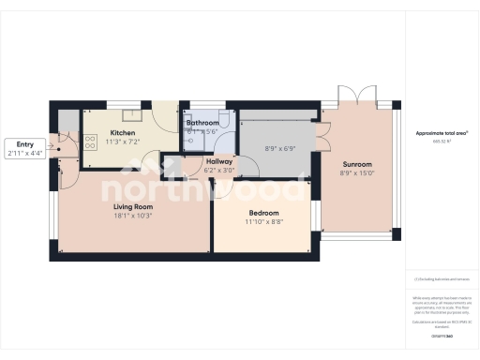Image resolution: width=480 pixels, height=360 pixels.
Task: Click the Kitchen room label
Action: pos(123,134)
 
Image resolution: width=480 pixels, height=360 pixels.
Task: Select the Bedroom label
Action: pos(262,214)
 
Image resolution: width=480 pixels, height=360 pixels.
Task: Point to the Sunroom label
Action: pos(357,163)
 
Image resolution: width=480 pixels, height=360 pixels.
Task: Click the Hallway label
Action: pos(218,162)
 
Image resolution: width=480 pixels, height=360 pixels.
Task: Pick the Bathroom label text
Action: pos(202,124)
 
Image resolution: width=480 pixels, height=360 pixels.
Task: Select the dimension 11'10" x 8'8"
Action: pos(262,223)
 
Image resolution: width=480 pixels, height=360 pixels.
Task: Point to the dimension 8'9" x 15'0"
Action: pos(357,172)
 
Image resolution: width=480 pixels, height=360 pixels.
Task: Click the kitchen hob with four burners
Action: pos(91,142)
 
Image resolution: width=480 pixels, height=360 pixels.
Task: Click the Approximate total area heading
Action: pos(441,134)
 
